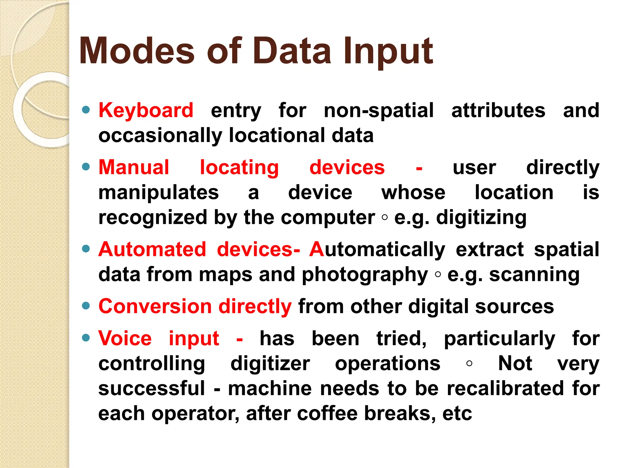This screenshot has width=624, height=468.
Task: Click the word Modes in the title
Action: click(x=136, y=51)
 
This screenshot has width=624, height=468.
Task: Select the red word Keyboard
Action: click(x=146, y=110)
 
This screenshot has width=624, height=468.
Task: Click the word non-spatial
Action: click(x=379, y=110)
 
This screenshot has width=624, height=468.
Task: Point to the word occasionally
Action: click(x=160, y=135)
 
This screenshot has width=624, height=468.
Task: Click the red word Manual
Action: click(x=134, y=167)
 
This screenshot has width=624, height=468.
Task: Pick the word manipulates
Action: click(x=158, y=193)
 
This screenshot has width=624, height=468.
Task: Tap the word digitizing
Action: click(x=481, y=218)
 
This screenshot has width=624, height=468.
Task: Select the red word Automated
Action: click(x=152, y=249)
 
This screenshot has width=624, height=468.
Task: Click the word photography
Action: click(x=365, y=275)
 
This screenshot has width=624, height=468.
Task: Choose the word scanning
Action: click(x=534, y=275)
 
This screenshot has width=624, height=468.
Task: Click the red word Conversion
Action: click(x=155, y=306)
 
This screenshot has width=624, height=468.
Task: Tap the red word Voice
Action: click(x=125, y=338)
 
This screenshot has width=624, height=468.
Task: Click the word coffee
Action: click(x=327, y=413)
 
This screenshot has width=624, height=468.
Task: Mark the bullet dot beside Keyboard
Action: click(x=86, y=110)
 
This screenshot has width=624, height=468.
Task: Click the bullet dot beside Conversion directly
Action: click(x=86, y=306)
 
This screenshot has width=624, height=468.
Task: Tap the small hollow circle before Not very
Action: click(x=469, y=363)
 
